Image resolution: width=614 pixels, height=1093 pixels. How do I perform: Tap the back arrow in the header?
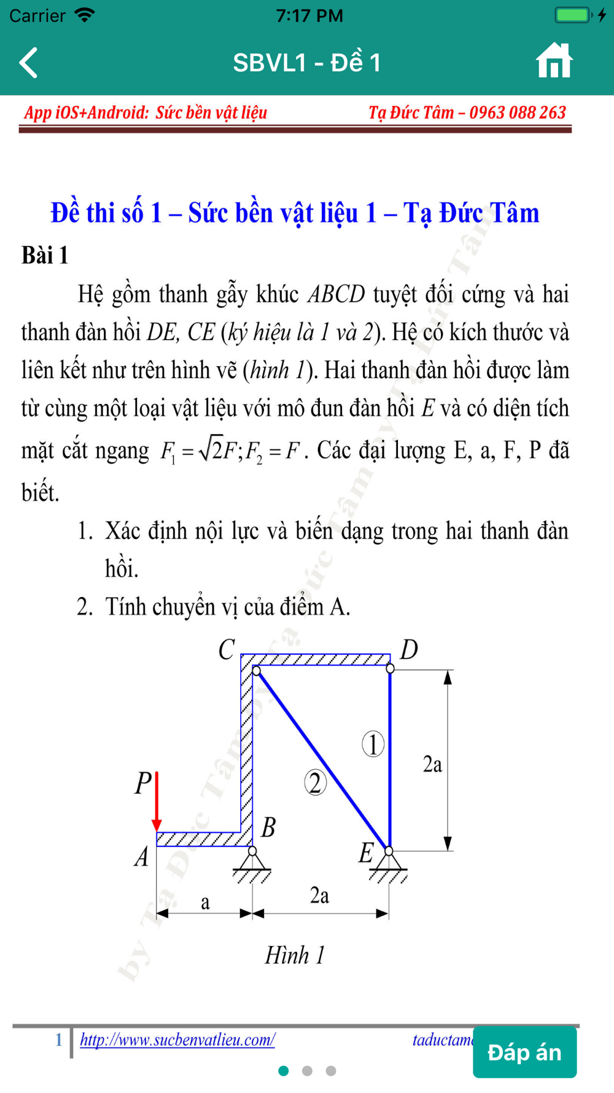coord(29,63)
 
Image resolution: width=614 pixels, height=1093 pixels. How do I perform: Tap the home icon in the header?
coord(554,61)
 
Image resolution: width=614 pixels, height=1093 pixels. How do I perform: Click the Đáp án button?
coord(524,1052)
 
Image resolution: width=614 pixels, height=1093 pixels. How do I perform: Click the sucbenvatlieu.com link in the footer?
coord(177,1040)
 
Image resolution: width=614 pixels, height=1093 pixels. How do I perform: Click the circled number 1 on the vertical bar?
coord(373,744)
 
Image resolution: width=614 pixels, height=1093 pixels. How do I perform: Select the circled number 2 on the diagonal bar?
coord(316,783)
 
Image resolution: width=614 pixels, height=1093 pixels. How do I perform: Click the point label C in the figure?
coord(227,650)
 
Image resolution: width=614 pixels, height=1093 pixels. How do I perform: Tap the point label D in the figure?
coord(409,649)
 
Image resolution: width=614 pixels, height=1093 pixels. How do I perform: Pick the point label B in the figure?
coord(268,827)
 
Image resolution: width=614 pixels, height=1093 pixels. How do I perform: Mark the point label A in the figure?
coord(142,856)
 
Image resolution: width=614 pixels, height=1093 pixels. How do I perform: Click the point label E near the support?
coord(366,853)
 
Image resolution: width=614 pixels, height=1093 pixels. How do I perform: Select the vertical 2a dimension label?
coord(432,764)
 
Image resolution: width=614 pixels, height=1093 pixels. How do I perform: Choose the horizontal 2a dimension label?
coord(319,896)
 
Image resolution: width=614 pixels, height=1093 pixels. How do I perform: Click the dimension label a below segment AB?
coord(205,902)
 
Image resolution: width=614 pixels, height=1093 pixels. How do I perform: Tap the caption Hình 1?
coord(295,955)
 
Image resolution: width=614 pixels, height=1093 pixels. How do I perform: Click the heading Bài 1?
coord(45,255)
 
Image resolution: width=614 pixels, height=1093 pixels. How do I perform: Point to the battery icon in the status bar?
coord(572,15)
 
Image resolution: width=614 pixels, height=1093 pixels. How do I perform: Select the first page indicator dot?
coord(284,1071)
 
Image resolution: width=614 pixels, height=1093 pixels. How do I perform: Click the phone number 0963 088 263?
coord(517,112)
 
